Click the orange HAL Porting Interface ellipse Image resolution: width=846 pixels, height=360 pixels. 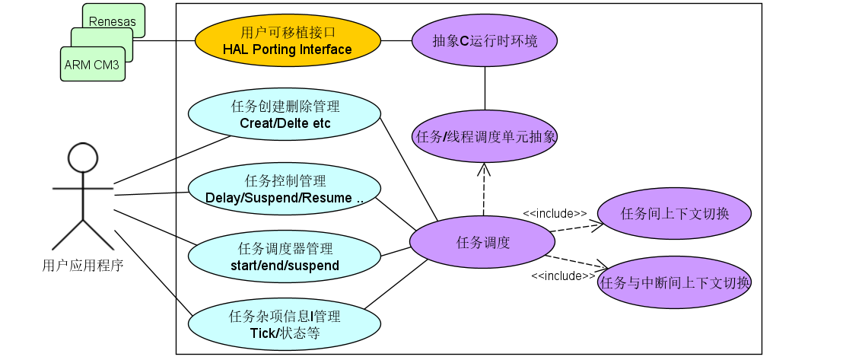click(287, 41)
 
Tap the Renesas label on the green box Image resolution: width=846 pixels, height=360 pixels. click(113, 21)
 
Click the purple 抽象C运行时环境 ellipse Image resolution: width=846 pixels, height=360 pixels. click(485, 41)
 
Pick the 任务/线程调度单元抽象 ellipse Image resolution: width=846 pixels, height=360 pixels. click(485, 137)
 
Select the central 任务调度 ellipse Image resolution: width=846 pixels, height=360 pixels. click(482, 243)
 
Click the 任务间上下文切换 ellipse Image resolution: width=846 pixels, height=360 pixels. click(675, 213)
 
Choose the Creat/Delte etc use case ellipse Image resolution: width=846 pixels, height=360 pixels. click(285, 114)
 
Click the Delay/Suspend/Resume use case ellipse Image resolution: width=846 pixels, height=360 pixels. click(285, 190)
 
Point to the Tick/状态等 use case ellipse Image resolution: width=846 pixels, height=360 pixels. click(285, 324)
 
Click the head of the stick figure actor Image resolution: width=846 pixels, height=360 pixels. click(82, 159)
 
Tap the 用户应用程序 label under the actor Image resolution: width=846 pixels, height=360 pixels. click(83, 266)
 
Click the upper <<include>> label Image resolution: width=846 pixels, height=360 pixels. click(555, 214)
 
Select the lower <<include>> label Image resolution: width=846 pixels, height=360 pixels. click(563, 276)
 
